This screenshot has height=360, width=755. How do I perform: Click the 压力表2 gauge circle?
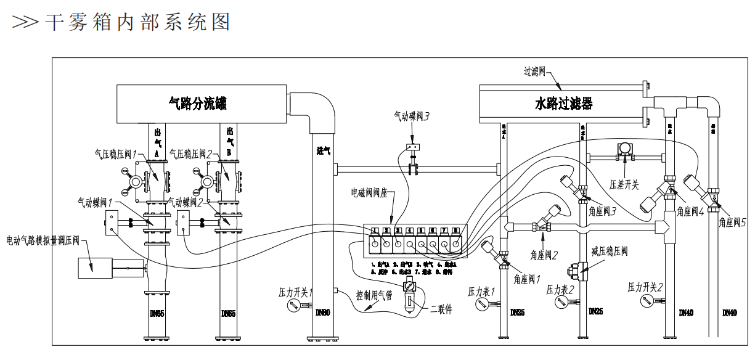(x=561, y=303)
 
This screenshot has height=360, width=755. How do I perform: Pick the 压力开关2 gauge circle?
(x=646, y=301)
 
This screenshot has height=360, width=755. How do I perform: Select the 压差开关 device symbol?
(x=626, y=150)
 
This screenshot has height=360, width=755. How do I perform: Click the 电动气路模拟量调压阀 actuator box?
(x=95, y=266)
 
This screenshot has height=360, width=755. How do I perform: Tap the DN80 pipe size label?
(x=322, y=313)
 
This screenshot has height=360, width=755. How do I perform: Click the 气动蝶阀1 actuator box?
(x=112, y=222)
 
